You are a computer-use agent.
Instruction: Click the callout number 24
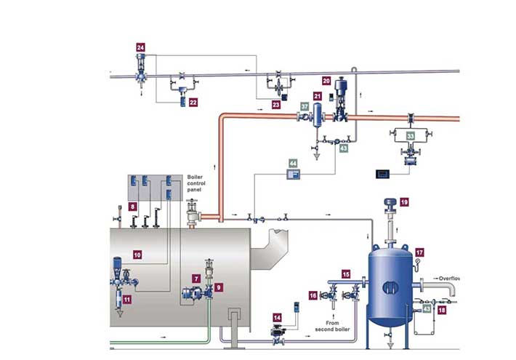tap(141, 47)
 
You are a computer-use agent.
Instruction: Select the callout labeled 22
tap(193, 103)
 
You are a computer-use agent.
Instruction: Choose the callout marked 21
tap(318, 95)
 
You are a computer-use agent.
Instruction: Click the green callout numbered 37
tap(305, 107)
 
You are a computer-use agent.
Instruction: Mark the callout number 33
tap(411, 135)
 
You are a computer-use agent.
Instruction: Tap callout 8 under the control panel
tap(132, 207)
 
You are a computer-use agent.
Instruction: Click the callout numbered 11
tap(126, 299)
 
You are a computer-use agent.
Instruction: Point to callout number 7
tap(196, 278)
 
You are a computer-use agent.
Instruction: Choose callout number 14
tap(277, 318)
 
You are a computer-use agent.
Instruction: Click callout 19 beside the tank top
tap(405, 201)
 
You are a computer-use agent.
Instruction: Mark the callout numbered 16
tap(313, 296)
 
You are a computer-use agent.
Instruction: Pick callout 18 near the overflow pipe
tap(443, 310)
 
